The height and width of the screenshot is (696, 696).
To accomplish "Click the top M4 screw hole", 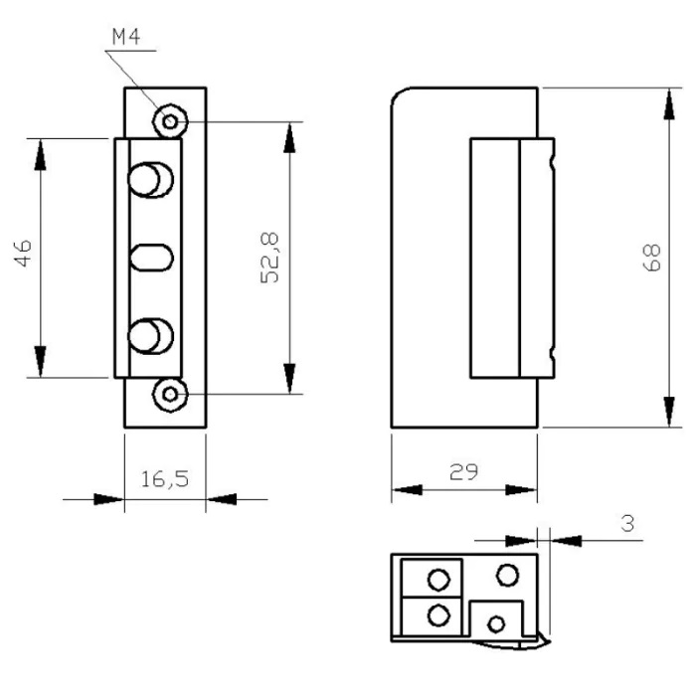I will click(x=171, y=121).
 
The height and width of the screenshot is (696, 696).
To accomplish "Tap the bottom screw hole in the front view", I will click(x=171, y=395).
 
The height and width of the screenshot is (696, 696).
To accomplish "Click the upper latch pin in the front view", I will click(x=150, y=181).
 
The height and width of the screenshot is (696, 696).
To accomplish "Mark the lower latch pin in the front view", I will click(x=150, y=333).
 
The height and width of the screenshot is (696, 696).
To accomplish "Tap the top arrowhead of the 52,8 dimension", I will click(x=289, y=137).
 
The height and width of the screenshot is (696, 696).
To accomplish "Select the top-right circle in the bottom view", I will click(x=507, y=574).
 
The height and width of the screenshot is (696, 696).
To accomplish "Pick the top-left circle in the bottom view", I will click(x=435, y=578).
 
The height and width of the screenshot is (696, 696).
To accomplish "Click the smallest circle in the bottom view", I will click(x=494, y=623).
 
